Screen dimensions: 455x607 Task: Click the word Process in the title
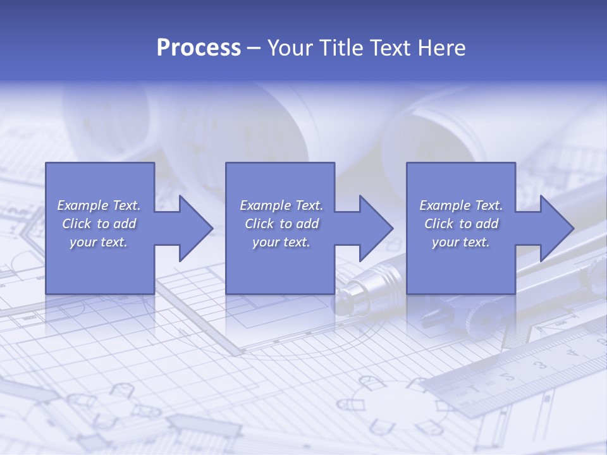199,48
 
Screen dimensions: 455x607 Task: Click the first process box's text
99,224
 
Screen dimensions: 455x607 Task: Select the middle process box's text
281,224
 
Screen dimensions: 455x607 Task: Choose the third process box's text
461,224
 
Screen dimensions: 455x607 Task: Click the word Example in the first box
82,205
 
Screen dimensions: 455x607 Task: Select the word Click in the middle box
259,224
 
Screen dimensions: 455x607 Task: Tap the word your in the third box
445,242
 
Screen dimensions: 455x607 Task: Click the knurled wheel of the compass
479,315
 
